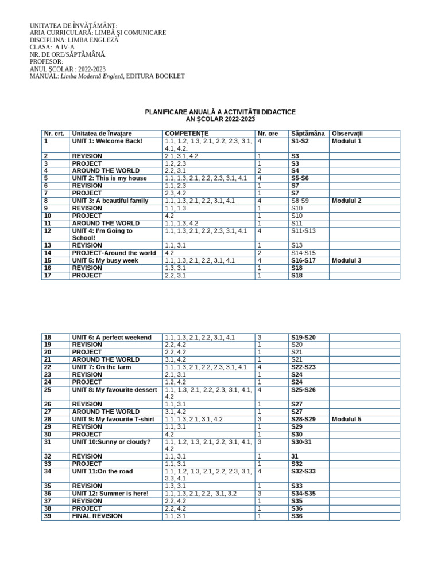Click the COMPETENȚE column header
click(187, 134)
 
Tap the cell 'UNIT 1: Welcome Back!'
click(107, 141)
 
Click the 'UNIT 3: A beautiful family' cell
click(110, 201)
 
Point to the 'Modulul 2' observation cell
click(346, 201)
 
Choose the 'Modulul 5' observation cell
click(346, 420)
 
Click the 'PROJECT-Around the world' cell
click(114, 253)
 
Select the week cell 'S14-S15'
click(303, 253)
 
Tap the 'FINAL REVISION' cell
click(97, 516)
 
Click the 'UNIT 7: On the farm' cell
click(102, 367)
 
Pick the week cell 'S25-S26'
click(303, 390)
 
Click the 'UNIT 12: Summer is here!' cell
click(110, 494)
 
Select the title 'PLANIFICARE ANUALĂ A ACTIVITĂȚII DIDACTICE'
click(220, 112)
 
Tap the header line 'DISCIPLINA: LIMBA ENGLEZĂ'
click(73, 41)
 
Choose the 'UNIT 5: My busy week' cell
click(105, 260)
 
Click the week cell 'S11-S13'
click(303, 231)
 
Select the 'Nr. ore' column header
click(268, 134)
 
